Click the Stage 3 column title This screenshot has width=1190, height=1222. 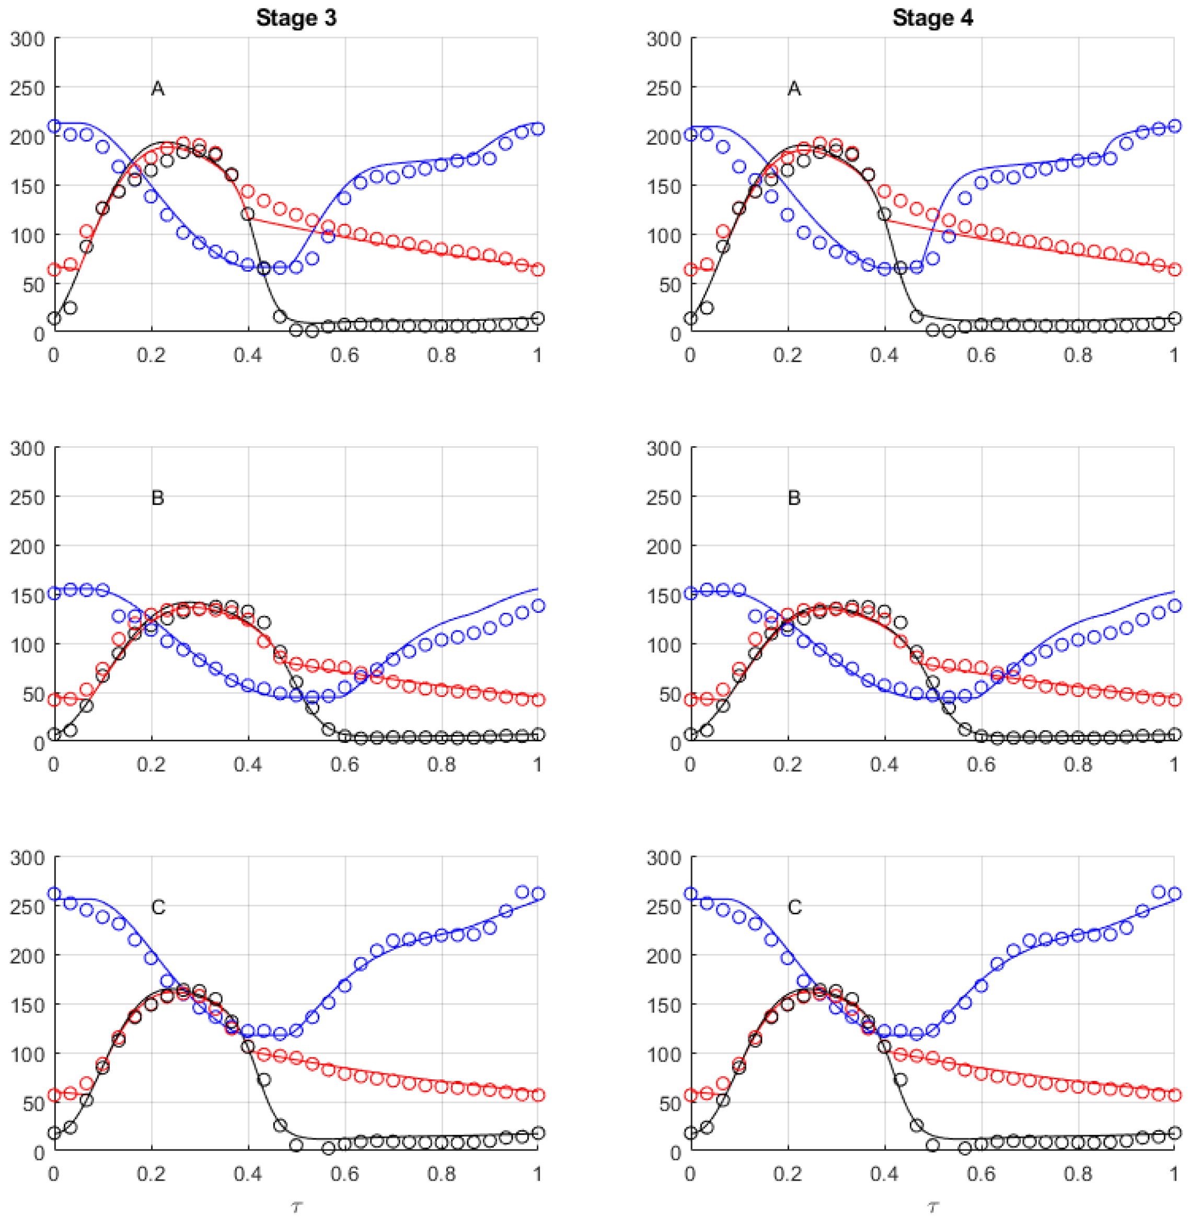[x=296, y=18]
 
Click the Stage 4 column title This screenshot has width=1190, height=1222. [x=932, y=18]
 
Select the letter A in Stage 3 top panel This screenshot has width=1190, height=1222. [x=157, y=89]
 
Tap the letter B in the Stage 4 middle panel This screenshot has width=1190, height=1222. [x=794, y=498]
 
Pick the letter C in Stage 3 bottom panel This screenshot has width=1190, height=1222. [x=158, y=907]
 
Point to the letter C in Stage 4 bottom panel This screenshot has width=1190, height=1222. [x=794, y=907]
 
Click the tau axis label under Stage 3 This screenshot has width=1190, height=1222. [x=296, y=1206]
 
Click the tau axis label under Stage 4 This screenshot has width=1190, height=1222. [x=932, y=1206]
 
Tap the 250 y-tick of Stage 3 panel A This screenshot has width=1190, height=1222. [x=28, y=88]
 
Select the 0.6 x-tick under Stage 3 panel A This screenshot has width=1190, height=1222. [x=345, y=355]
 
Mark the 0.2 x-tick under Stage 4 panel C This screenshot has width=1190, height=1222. [x=787, y=1174]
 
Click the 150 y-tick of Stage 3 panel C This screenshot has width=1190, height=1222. [x=28, y=1005]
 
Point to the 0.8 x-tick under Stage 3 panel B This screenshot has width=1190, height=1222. [x=442, y=765]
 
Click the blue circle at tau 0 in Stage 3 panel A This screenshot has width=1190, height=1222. [x=54, y=126]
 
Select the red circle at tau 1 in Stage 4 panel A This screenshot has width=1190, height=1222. [x=1174, y=270]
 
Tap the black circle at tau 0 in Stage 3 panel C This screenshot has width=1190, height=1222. [x=54, y=1133]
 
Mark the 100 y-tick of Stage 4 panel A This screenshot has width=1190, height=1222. [x=664, y=236]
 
